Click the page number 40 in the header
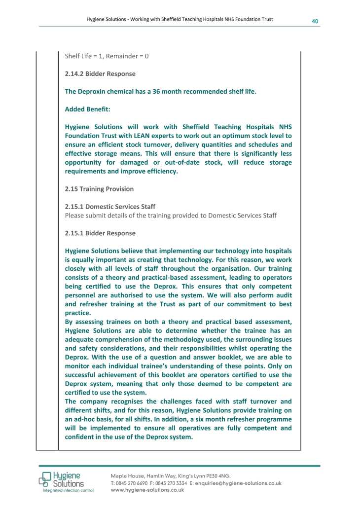314,21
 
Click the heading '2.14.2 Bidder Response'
100,74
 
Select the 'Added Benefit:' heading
86,109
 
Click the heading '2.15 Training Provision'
99,189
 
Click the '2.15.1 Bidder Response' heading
100,233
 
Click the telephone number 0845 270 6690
131,483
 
